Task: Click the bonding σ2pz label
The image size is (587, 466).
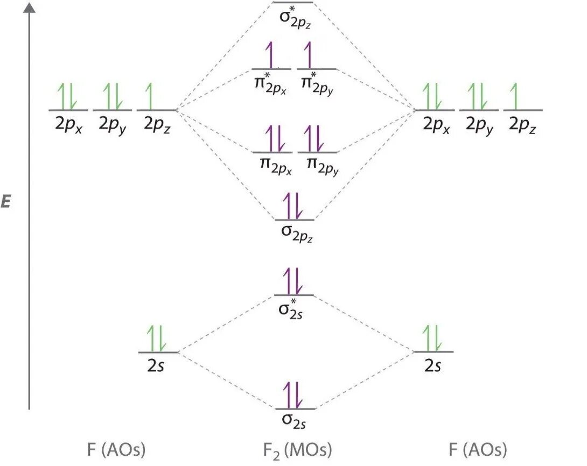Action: pos(294,233)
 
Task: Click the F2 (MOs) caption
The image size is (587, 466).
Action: pos(293,449)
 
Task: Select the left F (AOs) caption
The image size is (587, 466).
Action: pos(116,449)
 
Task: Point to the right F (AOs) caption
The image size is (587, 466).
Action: pos(478,449)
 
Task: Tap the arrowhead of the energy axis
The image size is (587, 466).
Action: pos(30,8)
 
